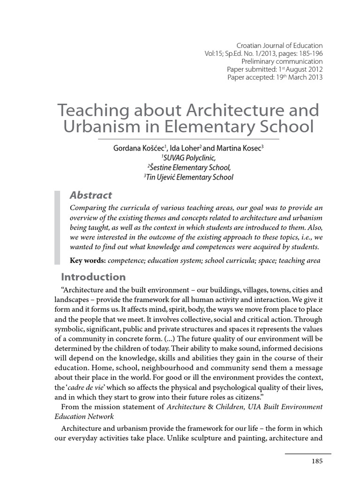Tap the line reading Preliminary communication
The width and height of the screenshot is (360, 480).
point(282,61)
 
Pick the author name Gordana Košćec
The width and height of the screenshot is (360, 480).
point(136,148)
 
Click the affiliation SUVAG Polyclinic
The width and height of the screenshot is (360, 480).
point(190,157)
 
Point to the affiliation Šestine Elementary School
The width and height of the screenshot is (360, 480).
point(190,167)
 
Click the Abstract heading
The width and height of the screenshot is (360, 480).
point(90,195)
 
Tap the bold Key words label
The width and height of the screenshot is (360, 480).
point(87,261)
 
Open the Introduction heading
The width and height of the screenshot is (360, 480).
point(94,277)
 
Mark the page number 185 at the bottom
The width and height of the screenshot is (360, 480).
point(317,461)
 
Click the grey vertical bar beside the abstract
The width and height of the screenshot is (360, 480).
point(58,227)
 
